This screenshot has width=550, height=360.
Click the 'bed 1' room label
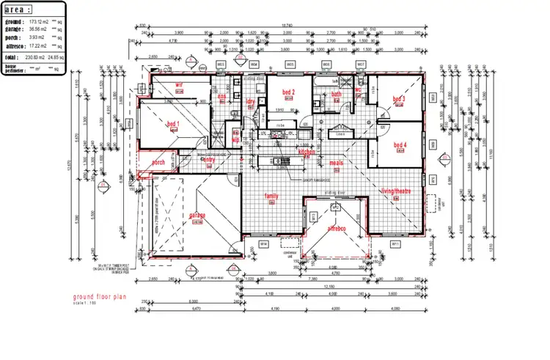click(x=173, y=123)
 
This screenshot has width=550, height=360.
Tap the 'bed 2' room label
click(x=287, y=92)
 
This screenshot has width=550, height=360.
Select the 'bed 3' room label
click(x=399, y=99)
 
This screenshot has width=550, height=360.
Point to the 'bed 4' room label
click(x=400, y=144)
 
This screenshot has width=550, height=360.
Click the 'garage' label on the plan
click(x=197, y=215)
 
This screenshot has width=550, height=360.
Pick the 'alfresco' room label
click(x=336, y=229)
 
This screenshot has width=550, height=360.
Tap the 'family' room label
click(x=271, y=196)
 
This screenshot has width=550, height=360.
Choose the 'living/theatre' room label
click(x=397, y=191)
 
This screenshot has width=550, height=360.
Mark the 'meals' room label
click(x=337, y=163)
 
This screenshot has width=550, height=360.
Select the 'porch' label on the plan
click(x=158, y=162)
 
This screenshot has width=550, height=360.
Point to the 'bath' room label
click(x=337, y=94)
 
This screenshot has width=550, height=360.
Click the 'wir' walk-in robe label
click(x=178, y=84)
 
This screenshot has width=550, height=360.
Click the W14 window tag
click(x=264, y=243)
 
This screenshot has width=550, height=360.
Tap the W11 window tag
click(x=395, y=243)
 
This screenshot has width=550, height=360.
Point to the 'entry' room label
click(x=208, y=158)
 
